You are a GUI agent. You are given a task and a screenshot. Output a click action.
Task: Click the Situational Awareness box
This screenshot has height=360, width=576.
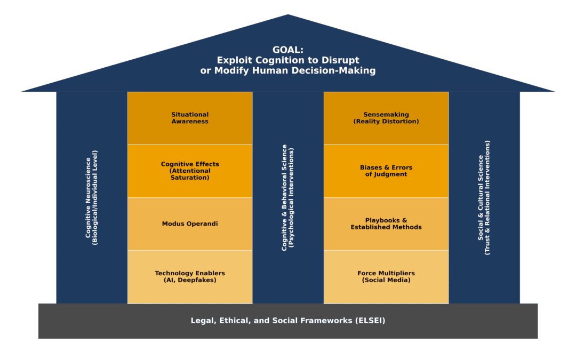point(190,118)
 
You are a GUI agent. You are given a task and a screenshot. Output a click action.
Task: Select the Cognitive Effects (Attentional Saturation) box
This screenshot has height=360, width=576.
point(190,171)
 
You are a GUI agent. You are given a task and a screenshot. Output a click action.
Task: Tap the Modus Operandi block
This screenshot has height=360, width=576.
point(190,224)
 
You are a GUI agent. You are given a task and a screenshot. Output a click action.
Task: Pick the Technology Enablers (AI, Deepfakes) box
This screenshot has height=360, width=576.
point(190,277)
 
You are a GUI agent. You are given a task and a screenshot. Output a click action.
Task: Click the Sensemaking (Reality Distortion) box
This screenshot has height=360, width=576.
point(386,118)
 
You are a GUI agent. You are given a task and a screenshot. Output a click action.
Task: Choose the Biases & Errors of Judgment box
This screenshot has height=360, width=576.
point(386,171)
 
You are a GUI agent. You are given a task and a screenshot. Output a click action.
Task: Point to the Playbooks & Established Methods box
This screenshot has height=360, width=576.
point(386,224)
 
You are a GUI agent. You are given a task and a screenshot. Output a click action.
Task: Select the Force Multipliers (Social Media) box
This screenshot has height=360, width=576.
point(386,277)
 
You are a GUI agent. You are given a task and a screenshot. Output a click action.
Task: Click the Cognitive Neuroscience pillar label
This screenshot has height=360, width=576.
point(91,197)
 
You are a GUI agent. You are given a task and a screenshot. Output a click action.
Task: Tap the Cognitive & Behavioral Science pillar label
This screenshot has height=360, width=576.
point(287,197)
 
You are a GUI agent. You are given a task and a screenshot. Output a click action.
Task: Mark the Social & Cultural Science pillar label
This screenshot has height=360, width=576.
point(484,197)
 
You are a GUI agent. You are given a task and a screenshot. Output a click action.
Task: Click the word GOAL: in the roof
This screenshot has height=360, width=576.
point(288,50)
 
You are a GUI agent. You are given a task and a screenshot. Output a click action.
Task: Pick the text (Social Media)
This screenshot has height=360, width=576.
point(386,281)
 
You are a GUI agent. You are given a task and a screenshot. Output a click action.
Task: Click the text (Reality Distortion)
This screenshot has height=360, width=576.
point(386,122)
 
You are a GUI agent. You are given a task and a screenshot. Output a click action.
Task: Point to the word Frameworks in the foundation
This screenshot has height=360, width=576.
point(327,321)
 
